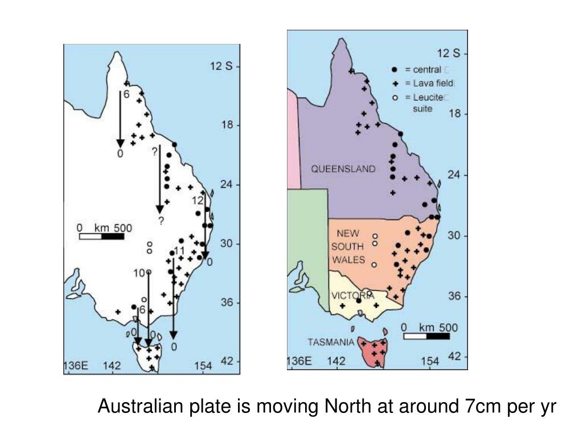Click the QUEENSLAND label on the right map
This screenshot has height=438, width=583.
[x=343, y=169]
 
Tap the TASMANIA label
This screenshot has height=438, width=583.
[x=331, y=343]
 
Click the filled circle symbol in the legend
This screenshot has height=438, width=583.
[x=395, y=70]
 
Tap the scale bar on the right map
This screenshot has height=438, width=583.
[x=426, y=336]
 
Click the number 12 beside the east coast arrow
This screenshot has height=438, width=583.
[x=197, y=201]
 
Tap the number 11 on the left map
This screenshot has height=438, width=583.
[x=179, y=251]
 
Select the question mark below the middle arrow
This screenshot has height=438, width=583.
[x=161, y=221]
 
